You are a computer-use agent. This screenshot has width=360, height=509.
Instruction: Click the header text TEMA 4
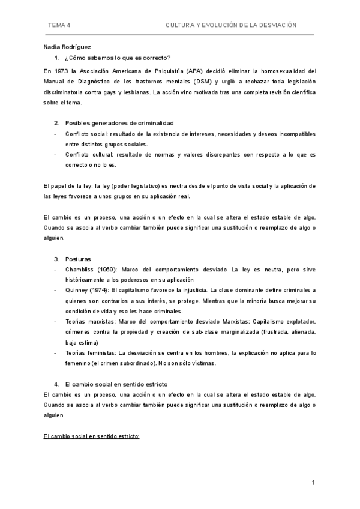(x=59, y=26)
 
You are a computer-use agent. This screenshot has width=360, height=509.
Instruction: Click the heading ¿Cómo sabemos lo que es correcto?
(x=118, y=58)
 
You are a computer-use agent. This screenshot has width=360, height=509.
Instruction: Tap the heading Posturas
(x=79, y=259)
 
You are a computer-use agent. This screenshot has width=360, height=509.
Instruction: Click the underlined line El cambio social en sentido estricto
(x=92, y=436)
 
